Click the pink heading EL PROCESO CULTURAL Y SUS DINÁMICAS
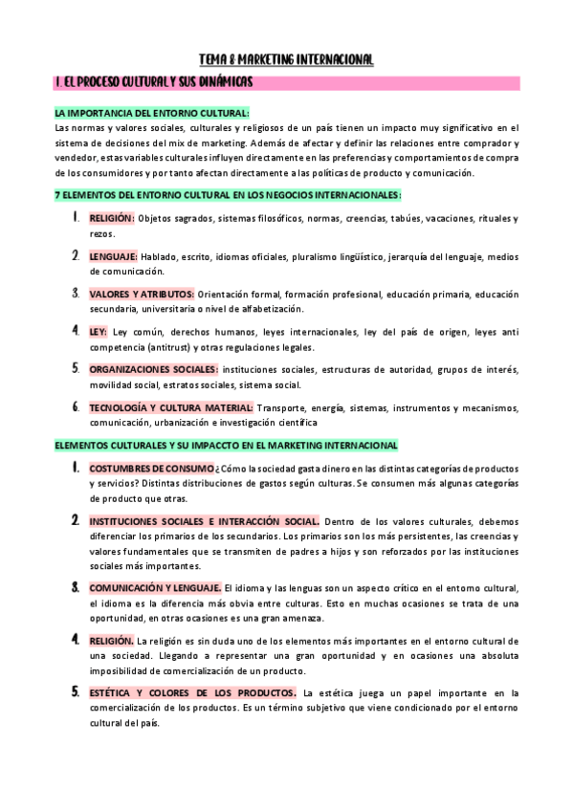(x=153, y=83)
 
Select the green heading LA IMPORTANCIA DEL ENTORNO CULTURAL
(x=152, y=112)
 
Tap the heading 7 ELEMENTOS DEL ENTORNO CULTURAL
(x=228, y=195)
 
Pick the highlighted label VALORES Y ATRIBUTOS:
(x=142, y=294)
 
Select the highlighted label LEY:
(x=99, y=332)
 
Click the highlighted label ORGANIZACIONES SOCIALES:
(x=154, y=369)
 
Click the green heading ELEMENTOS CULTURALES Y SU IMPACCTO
(x=226, y=445)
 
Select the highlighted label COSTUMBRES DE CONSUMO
(x=151, y=469)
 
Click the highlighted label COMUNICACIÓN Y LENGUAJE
(x=155, y=587)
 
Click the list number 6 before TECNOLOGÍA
(x=76, y=406)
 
